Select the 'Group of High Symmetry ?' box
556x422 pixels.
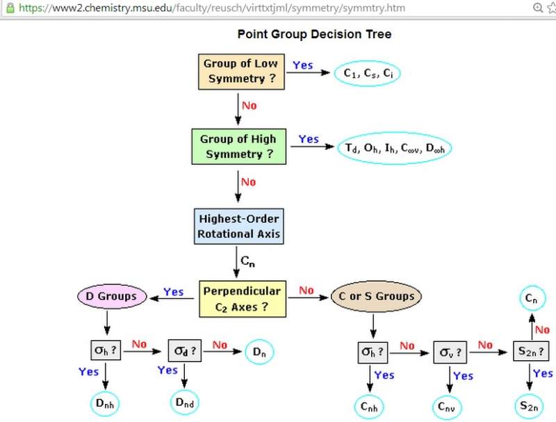[x=238, y=146]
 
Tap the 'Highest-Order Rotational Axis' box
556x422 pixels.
[x=238, y=225]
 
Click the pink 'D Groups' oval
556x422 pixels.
[x=111, y=297]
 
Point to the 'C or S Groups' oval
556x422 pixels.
[x=375, y=297]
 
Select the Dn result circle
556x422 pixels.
[x=259, y=352]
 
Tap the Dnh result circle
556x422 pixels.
[x=106, y=403]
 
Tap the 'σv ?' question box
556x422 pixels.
[x=449, y=352]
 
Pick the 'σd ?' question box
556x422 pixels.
[x=186, y=351]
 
